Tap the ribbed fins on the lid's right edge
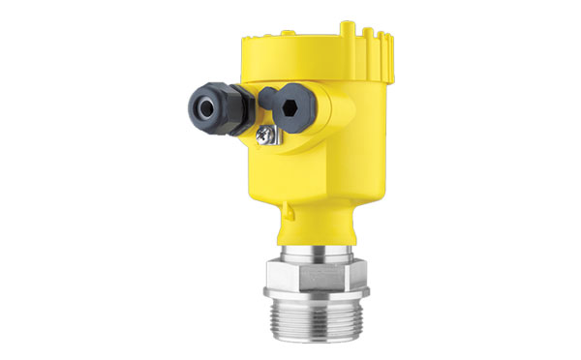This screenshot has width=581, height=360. [x=382, y=48]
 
